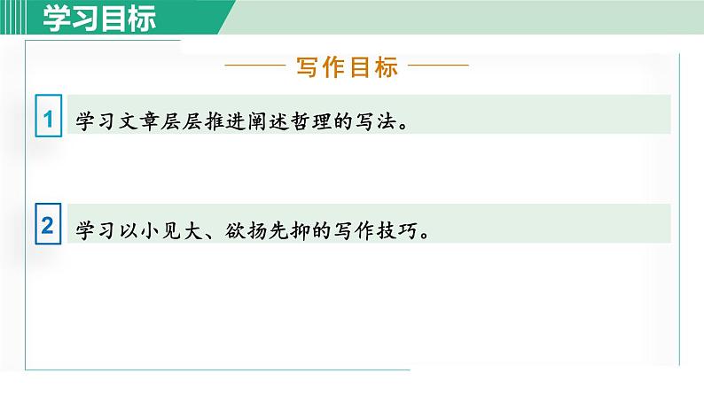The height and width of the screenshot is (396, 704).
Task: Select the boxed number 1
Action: pyautogui.click(x=48, y=118)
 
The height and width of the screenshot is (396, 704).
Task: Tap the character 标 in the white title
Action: pyautogui.click(x=141, y=17)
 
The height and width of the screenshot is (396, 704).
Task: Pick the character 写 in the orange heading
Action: pyautogui.click(x=304, y=67)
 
